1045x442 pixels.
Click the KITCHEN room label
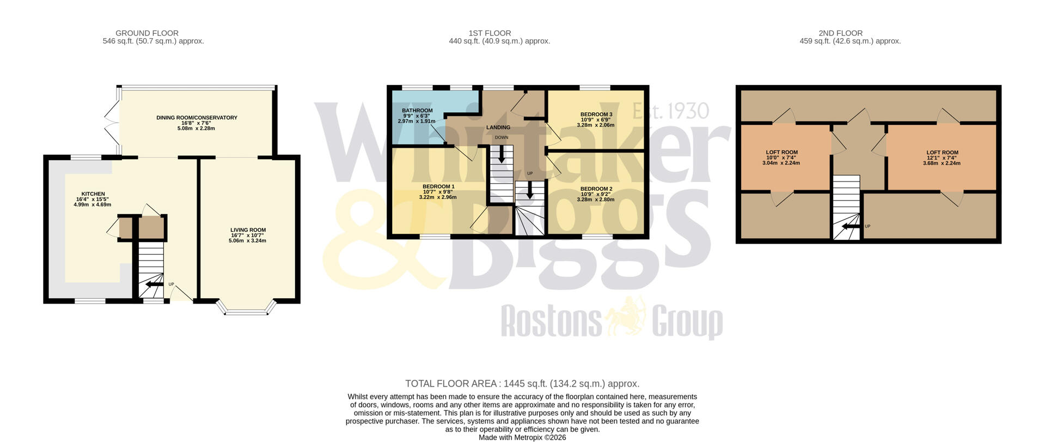coord(93,194)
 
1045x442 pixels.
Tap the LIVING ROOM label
coord(248,230)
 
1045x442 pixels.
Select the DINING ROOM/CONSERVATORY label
coord(197,118)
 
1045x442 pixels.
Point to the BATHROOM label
coord(417,111)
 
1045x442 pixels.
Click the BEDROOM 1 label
coord(438,186)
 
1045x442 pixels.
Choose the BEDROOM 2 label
coord(596,189)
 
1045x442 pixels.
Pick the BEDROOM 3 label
coord(596,114)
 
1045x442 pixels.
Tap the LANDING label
coord(498,128)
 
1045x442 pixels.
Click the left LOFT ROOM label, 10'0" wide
coord(781,153)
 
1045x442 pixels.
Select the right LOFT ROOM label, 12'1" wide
coord(942,153)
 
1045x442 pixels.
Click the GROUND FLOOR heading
coord(147,33)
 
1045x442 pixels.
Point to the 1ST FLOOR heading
coord(490,33)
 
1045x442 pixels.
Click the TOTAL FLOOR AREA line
coord(522,384)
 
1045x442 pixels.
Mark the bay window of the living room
coord(247,308)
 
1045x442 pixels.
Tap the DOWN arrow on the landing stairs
coord(501,155)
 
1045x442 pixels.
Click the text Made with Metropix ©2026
coord(522,437)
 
